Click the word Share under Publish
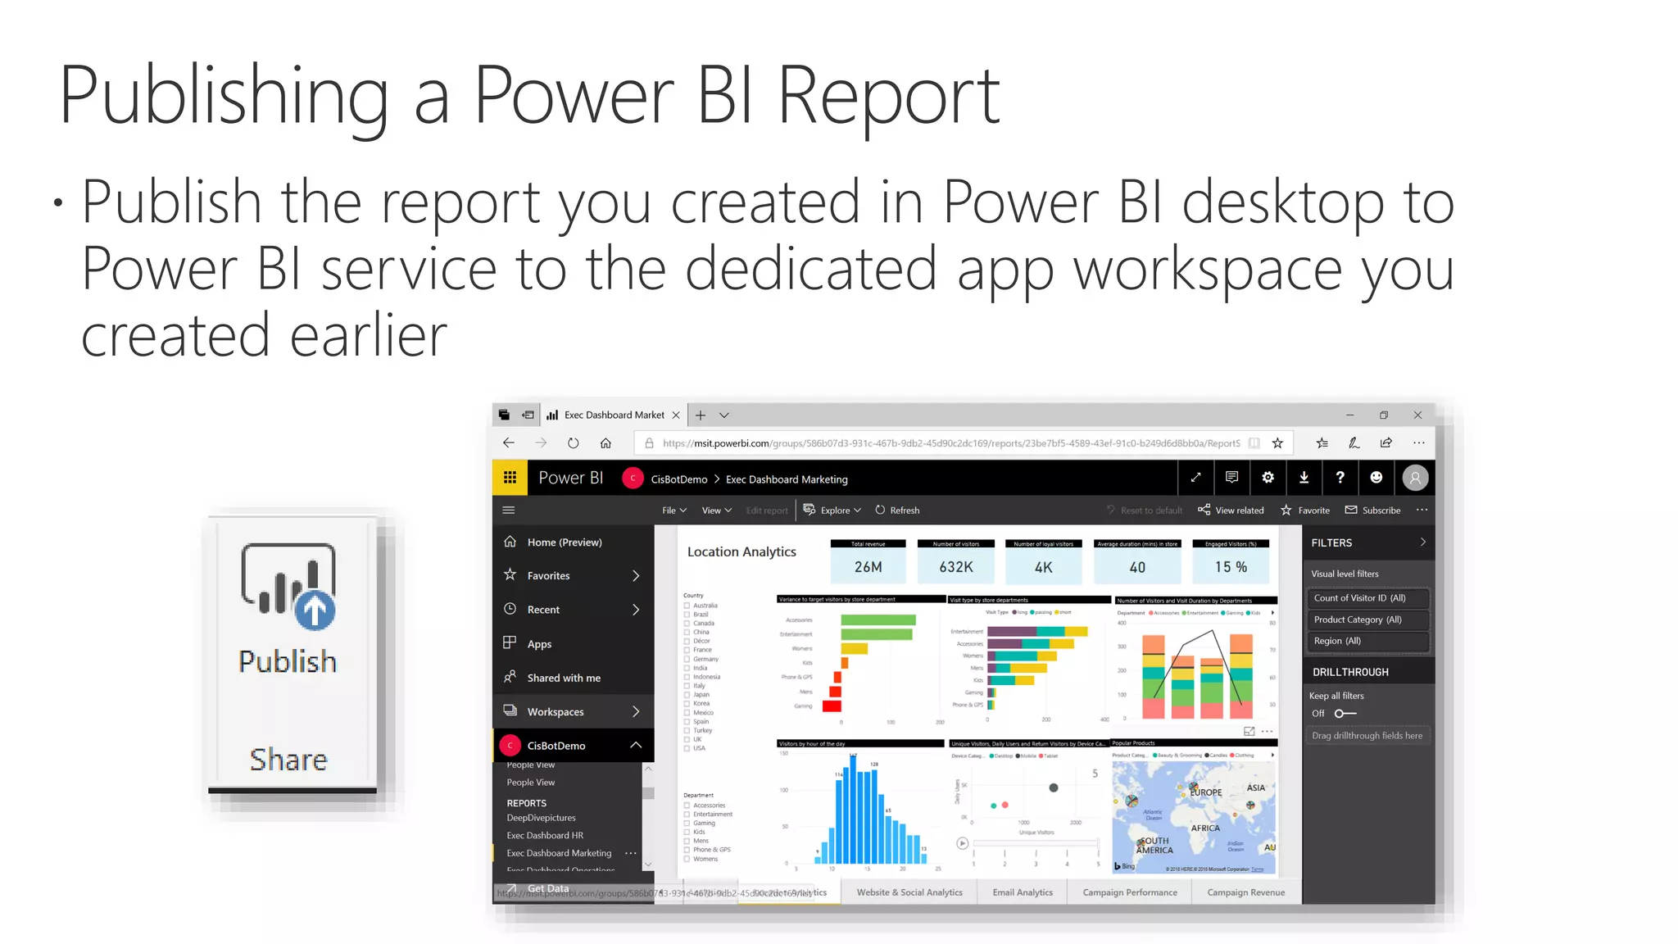coord(288,760)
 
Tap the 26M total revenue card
coord(868,566)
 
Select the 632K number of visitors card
coord(955,566)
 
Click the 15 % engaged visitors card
coord(1231,566)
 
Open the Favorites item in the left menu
coord(548,576)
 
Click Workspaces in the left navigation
coord(556,712)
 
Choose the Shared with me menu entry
coord(564,678)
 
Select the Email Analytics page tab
coord(1023,892)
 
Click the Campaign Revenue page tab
coord(1245,892)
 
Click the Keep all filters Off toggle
coord(1345,714)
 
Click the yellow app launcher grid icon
coord(510,478)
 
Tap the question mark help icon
coord(1340,478)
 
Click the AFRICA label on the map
coord(1205,828)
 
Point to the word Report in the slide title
coord(888,97)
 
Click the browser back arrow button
coord(509,443)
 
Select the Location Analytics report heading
coord(741,551)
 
